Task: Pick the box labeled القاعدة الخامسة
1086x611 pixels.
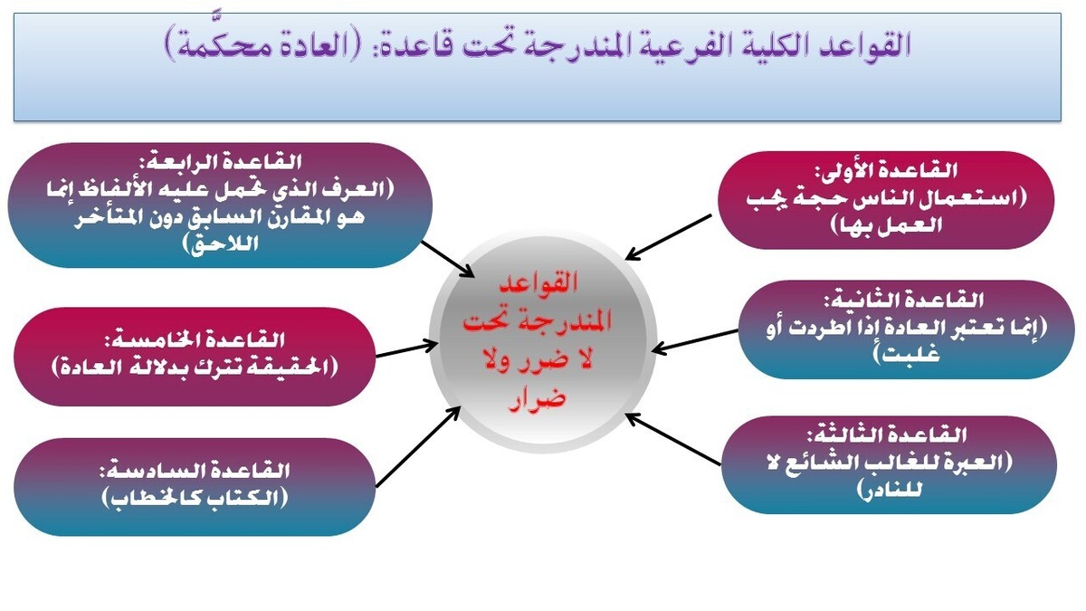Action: tap(195, 354)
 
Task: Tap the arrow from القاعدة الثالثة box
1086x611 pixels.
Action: tap(674, 440)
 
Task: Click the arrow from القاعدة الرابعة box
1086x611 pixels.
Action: tap(449, 257)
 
